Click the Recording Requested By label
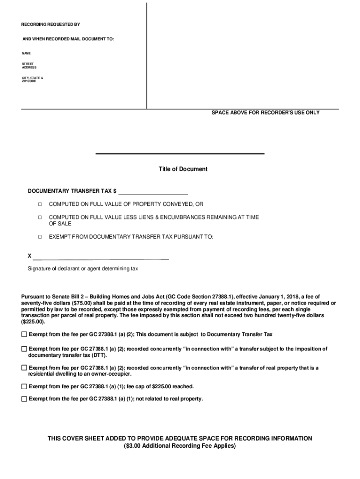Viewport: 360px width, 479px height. [50, 24]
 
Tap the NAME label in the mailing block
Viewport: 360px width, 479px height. [26, 53]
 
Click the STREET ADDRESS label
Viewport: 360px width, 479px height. [29, 65]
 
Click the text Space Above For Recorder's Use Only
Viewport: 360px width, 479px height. [266, 113]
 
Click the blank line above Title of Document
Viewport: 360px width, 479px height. [180, 153]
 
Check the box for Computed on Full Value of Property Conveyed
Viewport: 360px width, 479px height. [40, 204]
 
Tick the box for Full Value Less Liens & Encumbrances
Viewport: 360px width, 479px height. [40, 218]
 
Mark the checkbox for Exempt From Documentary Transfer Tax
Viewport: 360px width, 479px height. [40, 237]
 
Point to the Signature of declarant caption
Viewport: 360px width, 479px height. [83, 269]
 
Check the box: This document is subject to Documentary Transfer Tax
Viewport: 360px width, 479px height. [24, 334]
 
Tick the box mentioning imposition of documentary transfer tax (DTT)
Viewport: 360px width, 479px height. [24, 349]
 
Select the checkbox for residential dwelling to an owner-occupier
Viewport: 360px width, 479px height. [24, 368]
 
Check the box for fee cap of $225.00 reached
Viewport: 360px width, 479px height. [24, 386]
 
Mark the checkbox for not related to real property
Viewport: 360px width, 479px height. [24, 399]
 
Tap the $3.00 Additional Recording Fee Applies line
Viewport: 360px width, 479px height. [180, 446]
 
